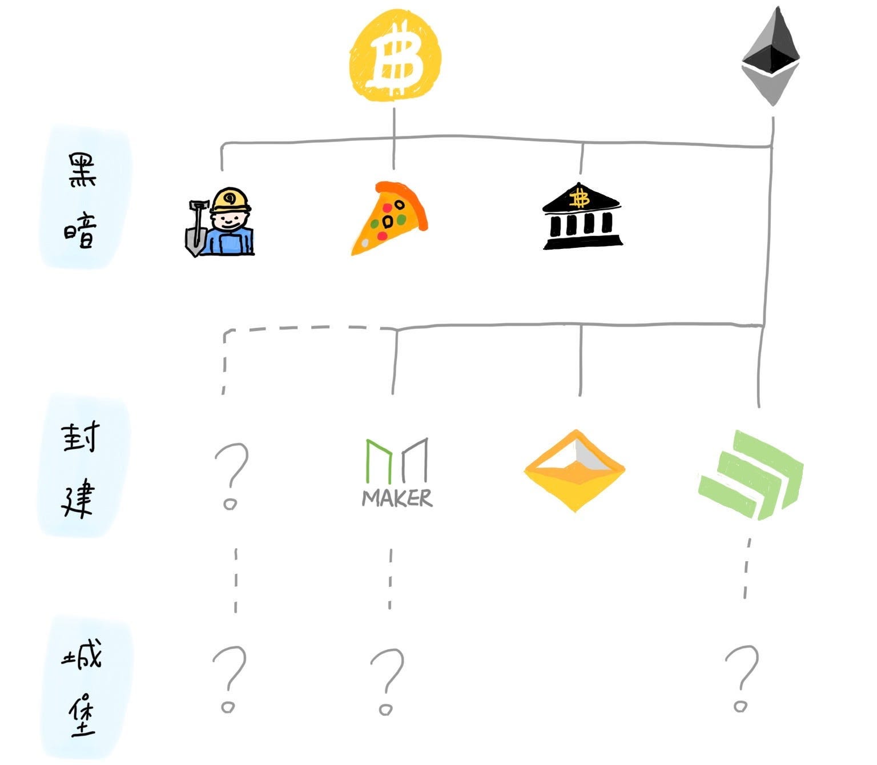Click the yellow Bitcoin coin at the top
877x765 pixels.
395,58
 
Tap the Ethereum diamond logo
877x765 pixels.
771,57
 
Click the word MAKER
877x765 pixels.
397,498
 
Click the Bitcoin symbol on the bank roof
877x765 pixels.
581,199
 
